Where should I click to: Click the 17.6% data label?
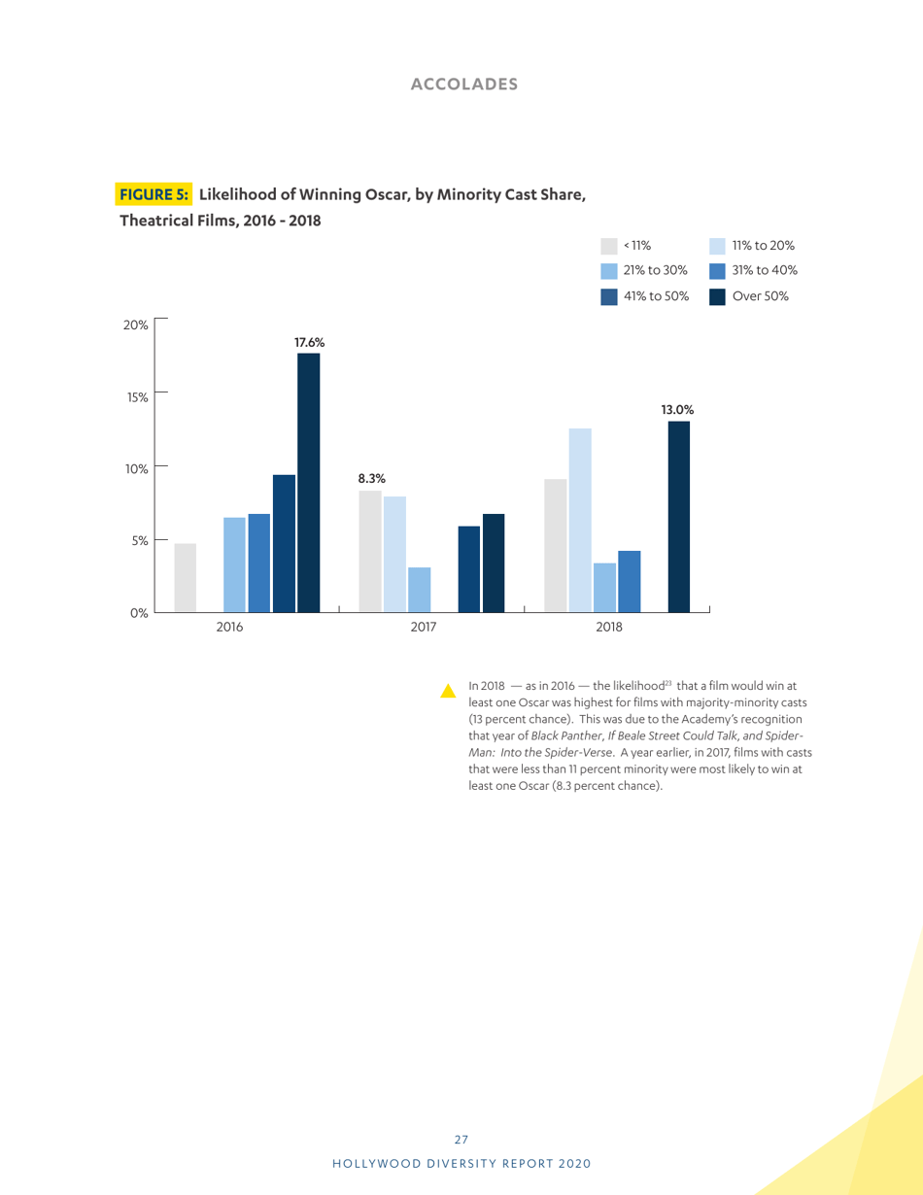[309, 342]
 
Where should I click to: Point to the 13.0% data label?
[677, 410]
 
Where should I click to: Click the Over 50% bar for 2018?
[679, 517]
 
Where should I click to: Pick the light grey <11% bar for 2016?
[186, 578]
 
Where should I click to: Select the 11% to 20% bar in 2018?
[580, 521]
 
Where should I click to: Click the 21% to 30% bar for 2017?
[420, 590]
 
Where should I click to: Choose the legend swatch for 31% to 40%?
[718, 271]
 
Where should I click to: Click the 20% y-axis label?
[135, 324]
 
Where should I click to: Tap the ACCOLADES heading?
[463, 85]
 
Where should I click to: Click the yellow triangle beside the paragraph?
[448, 692]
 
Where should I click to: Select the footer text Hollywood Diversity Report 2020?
[462, 1163]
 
